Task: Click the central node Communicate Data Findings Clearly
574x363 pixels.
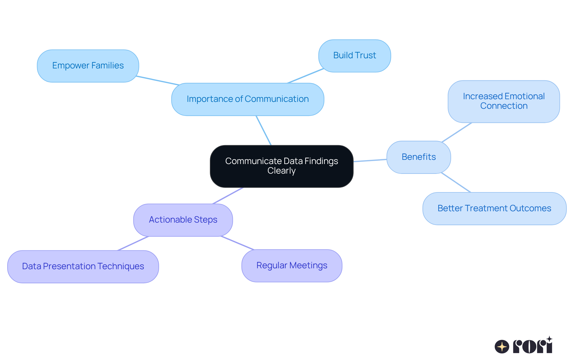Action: (282, 166)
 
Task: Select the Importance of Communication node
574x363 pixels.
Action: (248, 99)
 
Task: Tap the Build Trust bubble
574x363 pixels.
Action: (355, 56)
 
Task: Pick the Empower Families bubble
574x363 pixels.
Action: (88, 66)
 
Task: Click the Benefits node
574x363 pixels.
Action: (419, 157)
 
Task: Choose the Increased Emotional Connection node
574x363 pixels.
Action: (504, 101)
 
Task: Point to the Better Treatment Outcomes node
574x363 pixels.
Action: (494, 209)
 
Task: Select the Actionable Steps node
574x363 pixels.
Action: (183, 220)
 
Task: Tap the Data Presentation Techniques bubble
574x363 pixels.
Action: (83, 266)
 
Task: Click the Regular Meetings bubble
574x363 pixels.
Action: (292, 266)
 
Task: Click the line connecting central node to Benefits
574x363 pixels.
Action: (370, 160)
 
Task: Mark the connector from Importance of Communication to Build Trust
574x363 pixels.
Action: (306, 76)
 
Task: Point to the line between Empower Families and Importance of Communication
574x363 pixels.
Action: (158, 81)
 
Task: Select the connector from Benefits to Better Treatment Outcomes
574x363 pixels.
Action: (456, 183)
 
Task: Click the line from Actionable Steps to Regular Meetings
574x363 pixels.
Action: (237, 243)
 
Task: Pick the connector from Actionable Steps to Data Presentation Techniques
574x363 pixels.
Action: (133, 243)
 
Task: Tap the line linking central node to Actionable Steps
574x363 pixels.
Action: (228, 196)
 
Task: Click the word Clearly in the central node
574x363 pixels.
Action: (281, 171)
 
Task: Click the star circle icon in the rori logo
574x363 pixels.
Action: (502, 347)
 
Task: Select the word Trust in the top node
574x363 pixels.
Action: (366, 56)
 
